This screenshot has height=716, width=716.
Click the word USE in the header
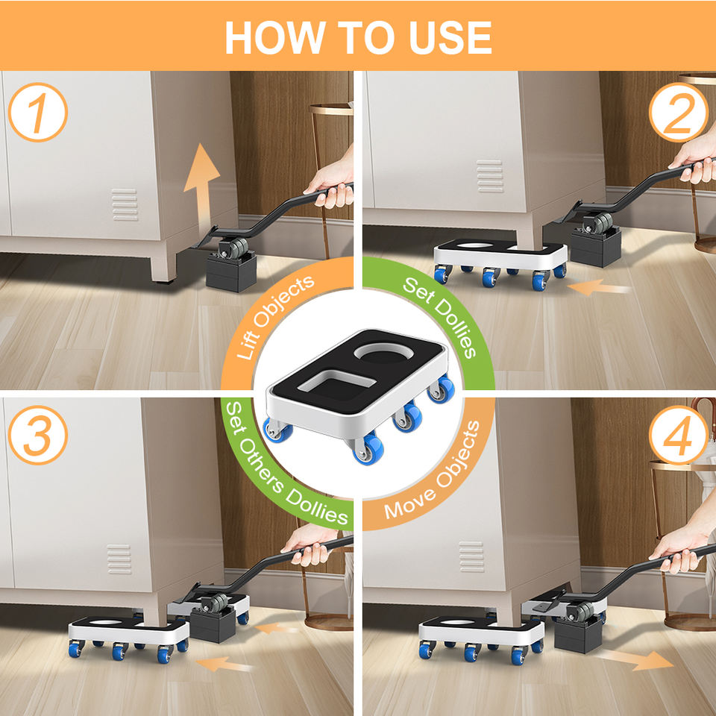coord(450,37)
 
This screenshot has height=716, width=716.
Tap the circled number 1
coord(38,113)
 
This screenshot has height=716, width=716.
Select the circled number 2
coord(679,113)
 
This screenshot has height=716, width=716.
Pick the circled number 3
coord(38,435)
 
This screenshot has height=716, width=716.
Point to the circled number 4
coord(679,435)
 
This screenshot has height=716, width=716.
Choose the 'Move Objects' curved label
coord(433,471)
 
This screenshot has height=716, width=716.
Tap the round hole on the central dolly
coord(384,354)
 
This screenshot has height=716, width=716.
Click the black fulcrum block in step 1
coord(231,272)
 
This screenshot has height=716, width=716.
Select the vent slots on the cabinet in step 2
coord(489,176)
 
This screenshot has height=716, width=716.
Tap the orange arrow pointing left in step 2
coord(598,288)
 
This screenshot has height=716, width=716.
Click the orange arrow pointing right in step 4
coord(634,659)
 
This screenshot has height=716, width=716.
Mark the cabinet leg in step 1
coord(163,267)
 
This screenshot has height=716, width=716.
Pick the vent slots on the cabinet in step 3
coord(119,559)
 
